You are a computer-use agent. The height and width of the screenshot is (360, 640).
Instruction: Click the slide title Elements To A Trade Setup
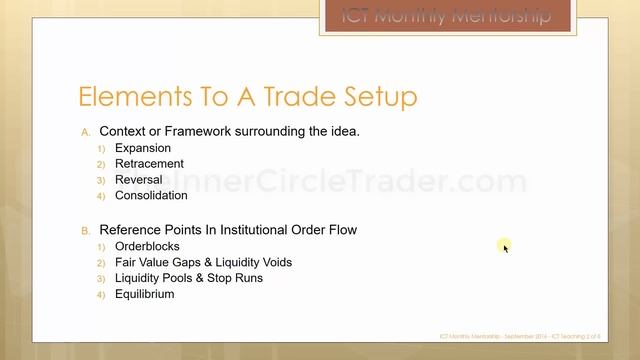click(247, 97)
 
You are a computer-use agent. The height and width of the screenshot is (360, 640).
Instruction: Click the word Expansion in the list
click(143, 148)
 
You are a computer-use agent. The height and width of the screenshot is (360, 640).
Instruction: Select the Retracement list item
click(149, 164)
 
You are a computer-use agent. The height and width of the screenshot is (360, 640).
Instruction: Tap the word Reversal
click(138, 180)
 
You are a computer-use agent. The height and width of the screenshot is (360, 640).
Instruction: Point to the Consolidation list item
click(151, 196)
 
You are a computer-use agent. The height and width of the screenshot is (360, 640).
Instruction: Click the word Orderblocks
click(146, 246)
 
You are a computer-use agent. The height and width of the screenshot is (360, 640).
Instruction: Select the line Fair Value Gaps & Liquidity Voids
click(203, 262)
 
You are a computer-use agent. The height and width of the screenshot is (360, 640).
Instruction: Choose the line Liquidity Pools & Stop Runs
click(189, 278)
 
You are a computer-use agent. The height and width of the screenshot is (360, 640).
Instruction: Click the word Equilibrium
click(144, 294)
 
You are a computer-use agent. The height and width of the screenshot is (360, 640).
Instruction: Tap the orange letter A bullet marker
click(86, 132)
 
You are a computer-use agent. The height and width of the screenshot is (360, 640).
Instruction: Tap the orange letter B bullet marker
click(86, 231)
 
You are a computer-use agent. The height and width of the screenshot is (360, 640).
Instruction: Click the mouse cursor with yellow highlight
click(505, 246)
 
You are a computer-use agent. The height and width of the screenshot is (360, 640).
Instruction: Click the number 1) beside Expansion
click(101, 149)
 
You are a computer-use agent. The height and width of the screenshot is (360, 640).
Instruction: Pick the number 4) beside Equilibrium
click(101, 295)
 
